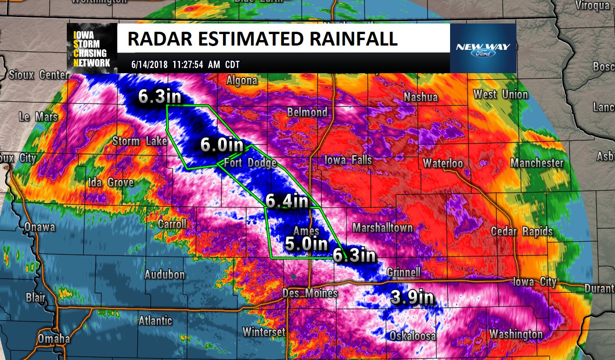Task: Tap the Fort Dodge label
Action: [250, 163]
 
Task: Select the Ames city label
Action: [306, 231]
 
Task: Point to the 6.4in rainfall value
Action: [287, 201]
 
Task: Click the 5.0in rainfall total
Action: [306, 244]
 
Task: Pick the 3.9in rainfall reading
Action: [412, 297]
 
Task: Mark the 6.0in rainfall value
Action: [222, 145]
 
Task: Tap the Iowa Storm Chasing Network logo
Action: [91, 48]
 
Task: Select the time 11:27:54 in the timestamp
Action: [190, 65]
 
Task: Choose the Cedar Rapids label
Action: [521, 231]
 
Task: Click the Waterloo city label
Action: [443, 163]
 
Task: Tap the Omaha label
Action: [54, 339]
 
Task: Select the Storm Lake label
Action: [140, 141]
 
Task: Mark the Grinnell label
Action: [403, 272]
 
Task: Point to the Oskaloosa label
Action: [412, 336]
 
